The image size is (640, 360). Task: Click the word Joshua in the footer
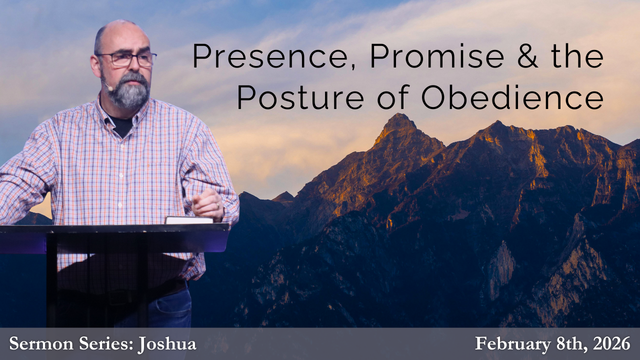click(166, 344)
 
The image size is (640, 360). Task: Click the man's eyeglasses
click(127, 59)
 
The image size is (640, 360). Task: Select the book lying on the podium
click(189, 220)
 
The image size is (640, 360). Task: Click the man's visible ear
click(95, 65)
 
